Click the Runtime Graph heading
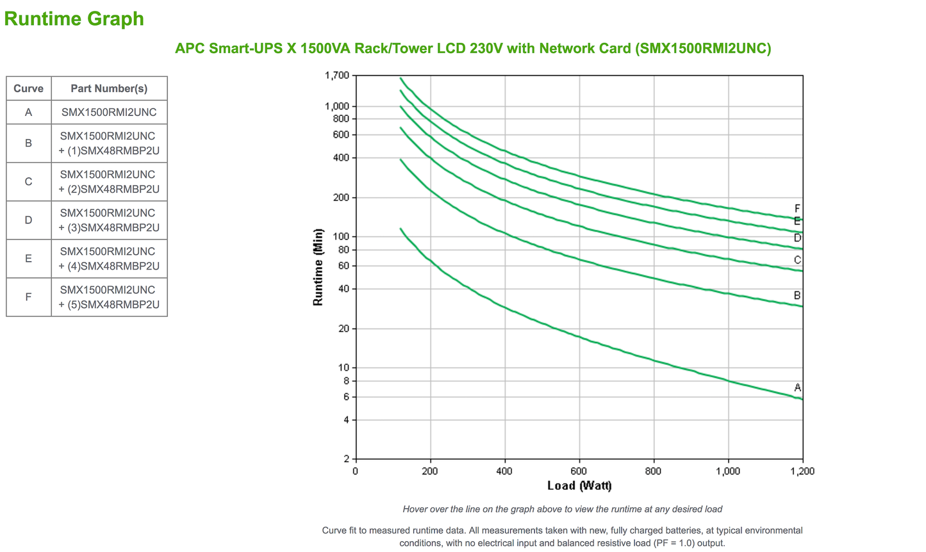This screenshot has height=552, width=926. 74,19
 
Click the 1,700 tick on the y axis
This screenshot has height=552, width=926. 337,76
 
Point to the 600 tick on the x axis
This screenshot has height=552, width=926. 579,471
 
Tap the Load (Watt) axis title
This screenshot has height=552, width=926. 579,485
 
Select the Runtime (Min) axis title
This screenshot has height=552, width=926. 318,267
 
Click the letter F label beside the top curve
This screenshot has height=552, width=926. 797,209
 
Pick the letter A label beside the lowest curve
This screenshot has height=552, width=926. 797,387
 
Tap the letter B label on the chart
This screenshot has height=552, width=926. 797,296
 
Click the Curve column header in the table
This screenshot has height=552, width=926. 29,88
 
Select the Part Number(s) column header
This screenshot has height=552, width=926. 109,88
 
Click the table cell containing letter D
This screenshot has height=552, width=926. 29,220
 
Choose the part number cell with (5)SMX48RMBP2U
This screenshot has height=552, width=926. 109,297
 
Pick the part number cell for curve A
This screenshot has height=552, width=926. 109,112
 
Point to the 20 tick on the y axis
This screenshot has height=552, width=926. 343,329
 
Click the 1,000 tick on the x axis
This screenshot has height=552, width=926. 727,471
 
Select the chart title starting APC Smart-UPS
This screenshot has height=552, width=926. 473,48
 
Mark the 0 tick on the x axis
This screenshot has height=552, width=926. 356,471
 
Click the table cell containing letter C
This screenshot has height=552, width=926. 29,182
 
